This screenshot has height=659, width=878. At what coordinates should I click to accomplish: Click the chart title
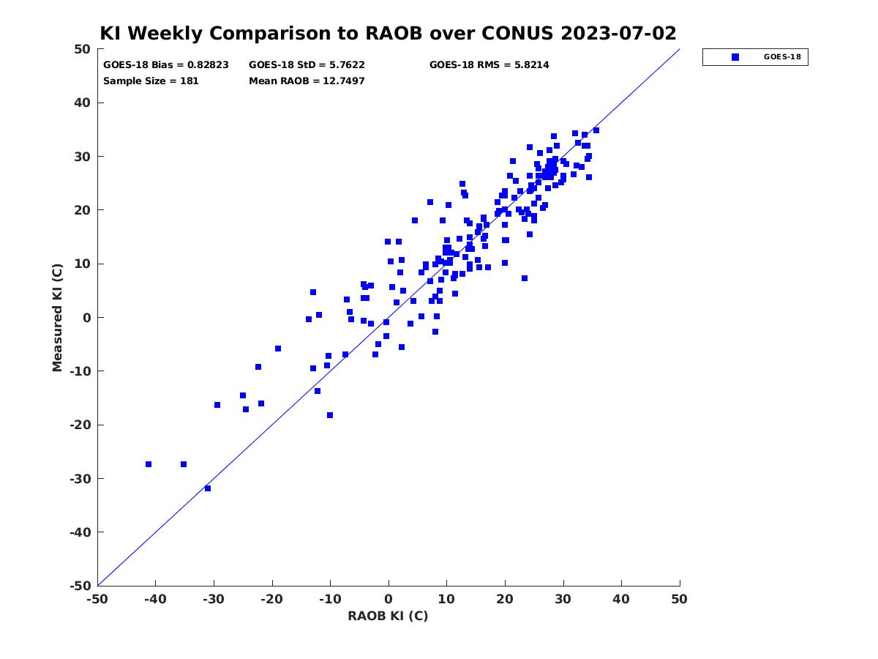388,34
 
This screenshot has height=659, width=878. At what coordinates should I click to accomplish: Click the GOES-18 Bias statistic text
166,65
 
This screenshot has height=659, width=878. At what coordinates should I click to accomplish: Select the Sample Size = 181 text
151,81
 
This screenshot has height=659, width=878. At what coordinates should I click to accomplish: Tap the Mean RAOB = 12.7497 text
307,81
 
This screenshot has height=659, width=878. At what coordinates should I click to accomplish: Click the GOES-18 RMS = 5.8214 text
489,65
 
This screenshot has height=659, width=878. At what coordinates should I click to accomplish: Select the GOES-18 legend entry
755,57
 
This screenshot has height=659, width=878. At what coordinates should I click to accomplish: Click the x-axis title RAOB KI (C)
388,616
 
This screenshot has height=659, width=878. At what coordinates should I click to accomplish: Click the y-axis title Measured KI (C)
58,318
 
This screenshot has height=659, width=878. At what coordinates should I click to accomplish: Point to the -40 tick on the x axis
155,599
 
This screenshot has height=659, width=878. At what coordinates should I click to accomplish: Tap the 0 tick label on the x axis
389,599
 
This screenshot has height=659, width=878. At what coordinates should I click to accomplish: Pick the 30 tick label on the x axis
563,599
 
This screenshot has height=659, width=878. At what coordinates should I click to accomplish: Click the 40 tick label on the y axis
82,103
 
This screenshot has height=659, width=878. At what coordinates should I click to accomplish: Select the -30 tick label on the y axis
79,479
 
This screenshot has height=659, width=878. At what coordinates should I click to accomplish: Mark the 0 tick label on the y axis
86,318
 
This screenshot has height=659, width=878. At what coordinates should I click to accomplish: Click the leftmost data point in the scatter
149,464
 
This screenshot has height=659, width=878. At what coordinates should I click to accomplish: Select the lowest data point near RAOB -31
208,488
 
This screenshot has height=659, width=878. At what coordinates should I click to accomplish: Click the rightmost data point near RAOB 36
596,130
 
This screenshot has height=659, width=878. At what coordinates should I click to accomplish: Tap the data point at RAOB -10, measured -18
330,415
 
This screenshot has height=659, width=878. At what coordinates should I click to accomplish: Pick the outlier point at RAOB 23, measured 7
525,278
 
